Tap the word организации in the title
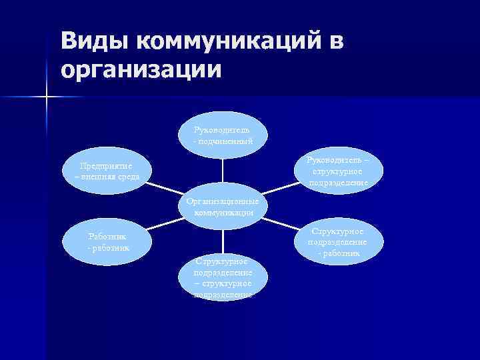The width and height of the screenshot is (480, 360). tap(140, 69)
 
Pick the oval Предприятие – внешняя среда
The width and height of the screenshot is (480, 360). tap(107, 171)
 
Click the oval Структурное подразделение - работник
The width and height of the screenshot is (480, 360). tap(338, 242)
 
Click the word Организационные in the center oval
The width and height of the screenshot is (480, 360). tap(223, 201)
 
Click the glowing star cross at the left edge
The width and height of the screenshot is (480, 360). tap(47, 97)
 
